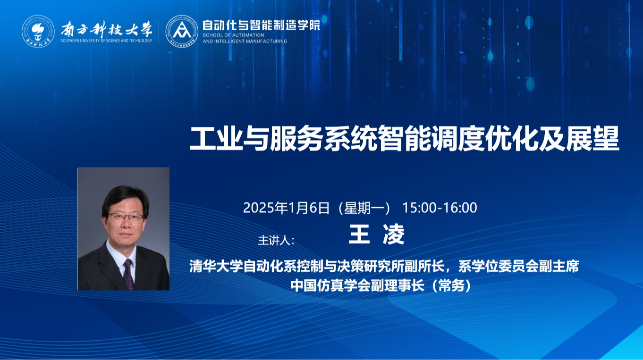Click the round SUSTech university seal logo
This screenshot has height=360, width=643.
point(38,31)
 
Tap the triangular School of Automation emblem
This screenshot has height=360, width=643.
point(182,31)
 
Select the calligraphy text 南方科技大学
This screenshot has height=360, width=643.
point(107,29)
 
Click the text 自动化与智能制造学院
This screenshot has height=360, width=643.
point(261,25)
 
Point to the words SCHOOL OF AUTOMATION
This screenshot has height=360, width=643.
point(233,35)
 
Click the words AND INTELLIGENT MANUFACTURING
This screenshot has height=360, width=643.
point(245,42)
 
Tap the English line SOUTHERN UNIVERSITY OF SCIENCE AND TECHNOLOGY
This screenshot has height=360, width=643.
point(107,41)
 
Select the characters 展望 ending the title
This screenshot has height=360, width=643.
point(592,139)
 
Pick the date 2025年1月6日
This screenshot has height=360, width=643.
point(287,208)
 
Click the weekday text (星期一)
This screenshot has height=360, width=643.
point(364,208)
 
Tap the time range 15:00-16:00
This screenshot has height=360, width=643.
point(440,208)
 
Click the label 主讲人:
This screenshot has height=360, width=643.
point(276,240)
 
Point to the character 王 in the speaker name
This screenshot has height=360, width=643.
point(359,234)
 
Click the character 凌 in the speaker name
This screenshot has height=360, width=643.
point(394,234)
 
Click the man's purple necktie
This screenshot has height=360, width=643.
point(128,274)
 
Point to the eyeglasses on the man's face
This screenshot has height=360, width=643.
point(126,218)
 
